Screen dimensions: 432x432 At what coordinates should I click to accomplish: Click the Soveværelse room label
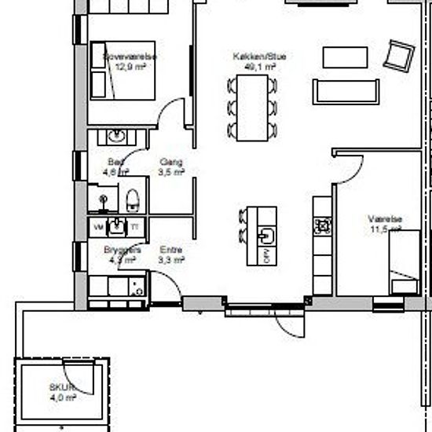coord(130,57)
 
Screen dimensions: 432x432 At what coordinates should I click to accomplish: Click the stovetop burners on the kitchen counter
coord(322,226)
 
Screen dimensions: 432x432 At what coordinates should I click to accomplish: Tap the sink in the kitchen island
coord(268,233)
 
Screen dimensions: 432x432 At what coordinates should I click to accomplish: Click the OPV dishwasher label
coord(266,254)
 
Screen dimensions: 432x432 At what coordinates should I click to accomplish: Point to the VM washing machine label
coord(98,227)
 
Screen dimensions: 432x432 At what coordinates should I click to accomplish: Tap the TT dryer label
coord(134,227)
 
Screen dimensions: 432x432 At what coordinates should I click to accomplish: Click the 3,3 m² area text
coord(170,258)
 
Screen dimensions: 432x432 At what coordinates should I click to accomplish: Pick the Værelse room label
coord(386,219)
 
